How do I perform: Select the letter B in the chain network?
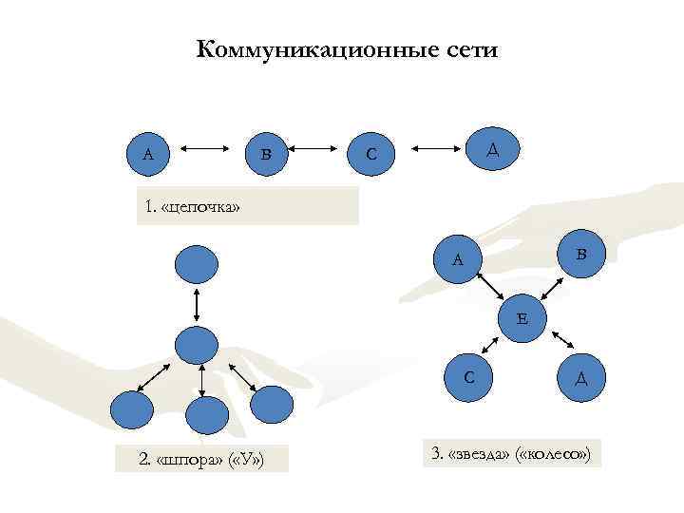tap(266, 152)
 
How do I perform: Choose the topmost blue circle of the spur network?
tap(196, 263)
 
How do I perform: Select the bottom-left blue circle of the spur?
tap(131, 408)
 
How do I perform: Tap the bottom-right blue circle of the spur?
tap(272, 405)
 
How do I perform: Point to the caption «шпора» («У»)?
tap(200, 461)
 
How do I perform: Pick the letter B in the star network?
tap(581, 254)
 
